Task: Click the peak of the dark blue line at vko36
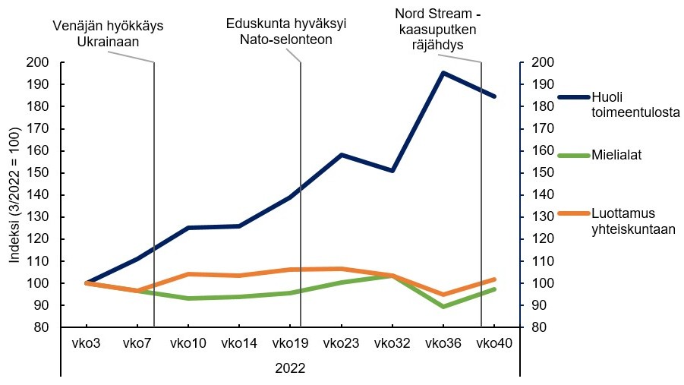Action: (x=443, y=73)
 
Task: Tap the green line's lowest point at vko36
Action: (x=443, y=307)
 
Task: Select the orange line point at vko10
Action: (x=188, y=274)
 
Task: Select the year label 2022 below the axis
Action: (x=290, y=368)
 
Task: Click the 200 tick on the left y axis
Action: (x=36, y=63)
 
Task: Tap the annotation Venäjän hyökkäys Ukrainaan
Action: (x=109, y=34)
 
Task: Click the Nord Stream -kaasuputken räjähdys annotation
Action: (x=438, y=28)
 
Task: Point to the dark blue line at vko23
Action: (x=342, y=155)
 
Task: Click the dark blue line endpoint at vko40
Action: (x=495, y=96)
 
